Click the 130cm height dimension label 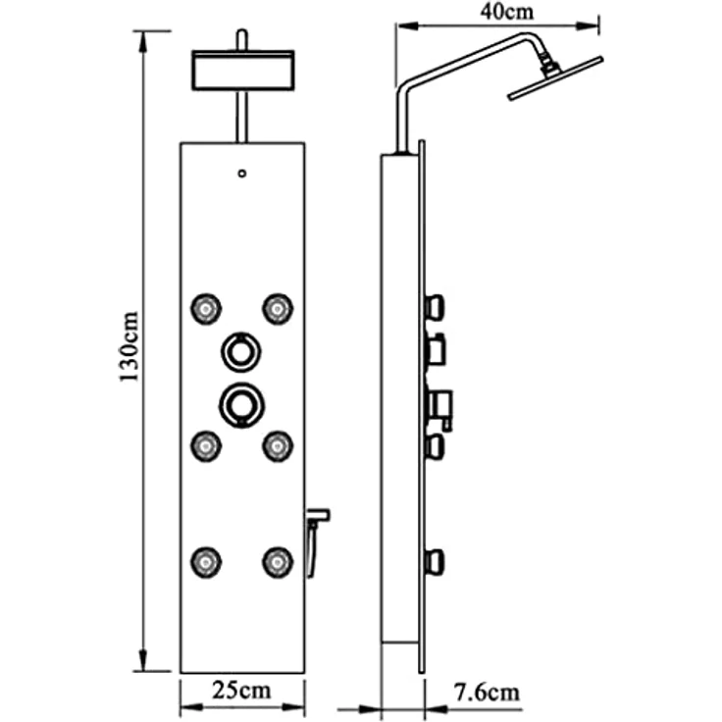129,346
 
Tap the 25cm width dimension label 241,691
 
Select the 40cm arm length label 507,12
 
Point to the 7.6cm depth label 487,693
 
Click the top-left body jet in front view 206,308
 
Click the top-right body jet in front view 278,308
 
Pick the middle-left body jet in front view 206,445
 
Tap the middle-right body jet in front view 278,445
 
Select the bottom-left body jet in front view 206,562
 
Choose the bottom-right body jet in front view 278,562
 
